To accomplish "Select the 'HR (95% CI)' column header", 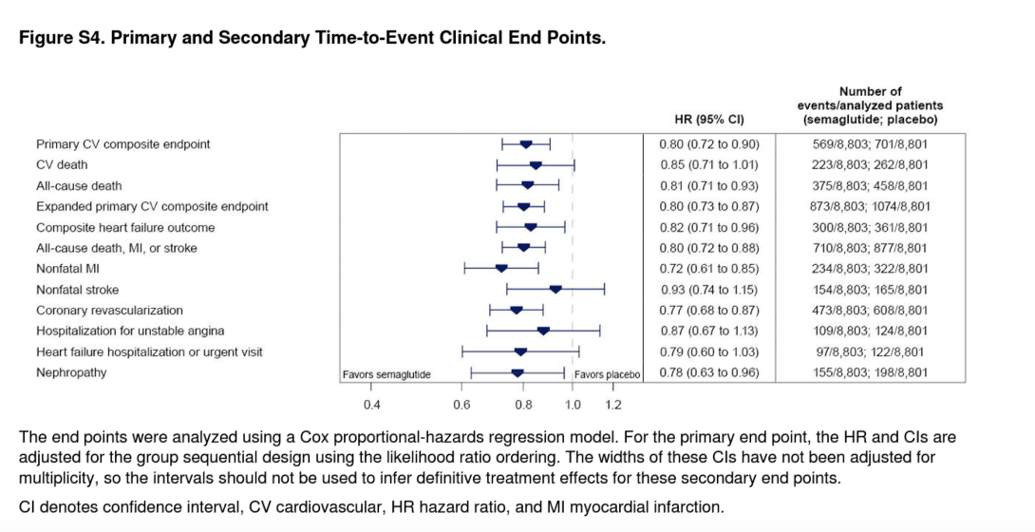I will point(708,120).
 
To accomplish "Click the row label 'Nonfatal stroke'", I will point(78,290).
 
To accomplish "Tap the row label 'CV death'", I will point(63,165).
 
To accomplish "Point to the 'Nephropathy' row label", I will point(71,372).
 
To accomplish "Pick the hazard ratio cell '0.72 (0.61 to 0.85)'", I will point(709,269).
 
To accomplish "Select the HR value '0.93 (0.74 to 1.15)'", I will point(709,290).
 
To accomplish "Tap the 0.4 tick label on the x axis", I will point(371,405).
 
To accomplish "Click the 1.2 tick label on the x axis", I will point(612,405).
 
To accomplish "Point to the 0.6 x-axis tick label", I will point(461,405).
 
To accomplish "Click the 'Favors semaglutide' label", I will point(386,374).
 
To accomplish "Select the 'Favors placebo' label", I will point(608,374).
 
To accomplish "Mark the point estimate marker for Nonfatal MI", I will point(501,269).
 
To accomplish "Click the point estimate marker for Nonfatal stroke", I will point(555,289).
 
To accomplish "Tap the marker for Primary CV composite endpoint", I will point(526,144).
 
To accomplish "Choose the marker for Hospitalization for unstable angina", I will point(543,331).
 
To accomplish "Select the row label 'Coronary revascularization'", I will point(109,311).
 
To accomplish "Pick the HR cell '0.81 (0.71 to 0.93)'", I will point(709,186).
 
